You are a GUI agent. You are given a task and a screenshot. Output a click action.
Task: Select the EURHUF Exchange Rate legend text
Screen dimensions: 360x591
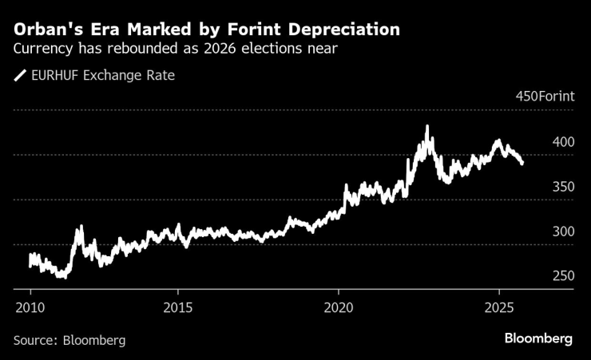[103, 76]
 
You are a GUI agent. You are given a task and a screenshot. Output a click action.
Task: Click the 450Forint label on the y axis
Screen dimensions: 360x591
[545, 97]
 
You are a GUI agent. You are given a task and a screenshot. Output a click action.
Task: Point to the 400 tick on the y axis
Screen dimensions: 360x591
[562, 142]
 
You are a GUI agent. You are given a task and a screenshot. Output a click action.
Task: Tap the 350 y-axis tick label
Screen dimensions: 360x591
[562, 187]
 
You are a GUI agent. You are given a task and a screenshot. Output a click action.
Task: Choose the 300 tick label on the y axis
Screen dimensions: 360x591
[562, 231]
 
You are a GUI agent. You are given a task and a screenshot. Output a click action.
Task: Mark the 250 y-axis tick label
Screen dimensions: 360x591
[562, 276]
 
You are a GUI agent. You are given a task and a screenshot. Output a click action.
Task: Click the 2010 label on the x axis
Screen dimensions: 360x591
[30, 307]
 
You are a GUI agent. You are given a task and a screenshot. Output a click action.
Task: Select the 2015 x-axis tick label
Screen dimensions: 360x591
[178, 307]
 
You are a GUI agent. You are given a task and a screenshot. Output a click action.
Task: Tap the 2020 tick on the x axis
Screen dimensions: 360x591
[339, 307]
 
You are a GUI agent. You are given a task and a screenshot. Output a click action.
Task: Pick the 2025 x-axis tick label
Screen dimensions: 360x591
[499, 307]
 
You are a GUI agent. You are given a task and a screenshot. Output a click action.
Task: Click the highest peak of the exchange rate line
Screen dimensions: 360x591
[427, 126]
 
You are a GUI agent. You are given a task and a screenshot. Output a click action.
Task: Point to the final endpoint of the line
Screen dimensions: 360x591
[522, 164]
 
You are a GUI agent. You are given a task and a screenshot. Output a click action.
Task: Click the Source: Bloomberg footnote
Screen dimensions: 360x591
[69, 339]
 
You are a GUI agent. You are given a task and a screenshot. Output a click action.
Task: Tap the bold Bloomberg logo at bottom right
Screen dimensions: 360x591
[537, 338]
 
